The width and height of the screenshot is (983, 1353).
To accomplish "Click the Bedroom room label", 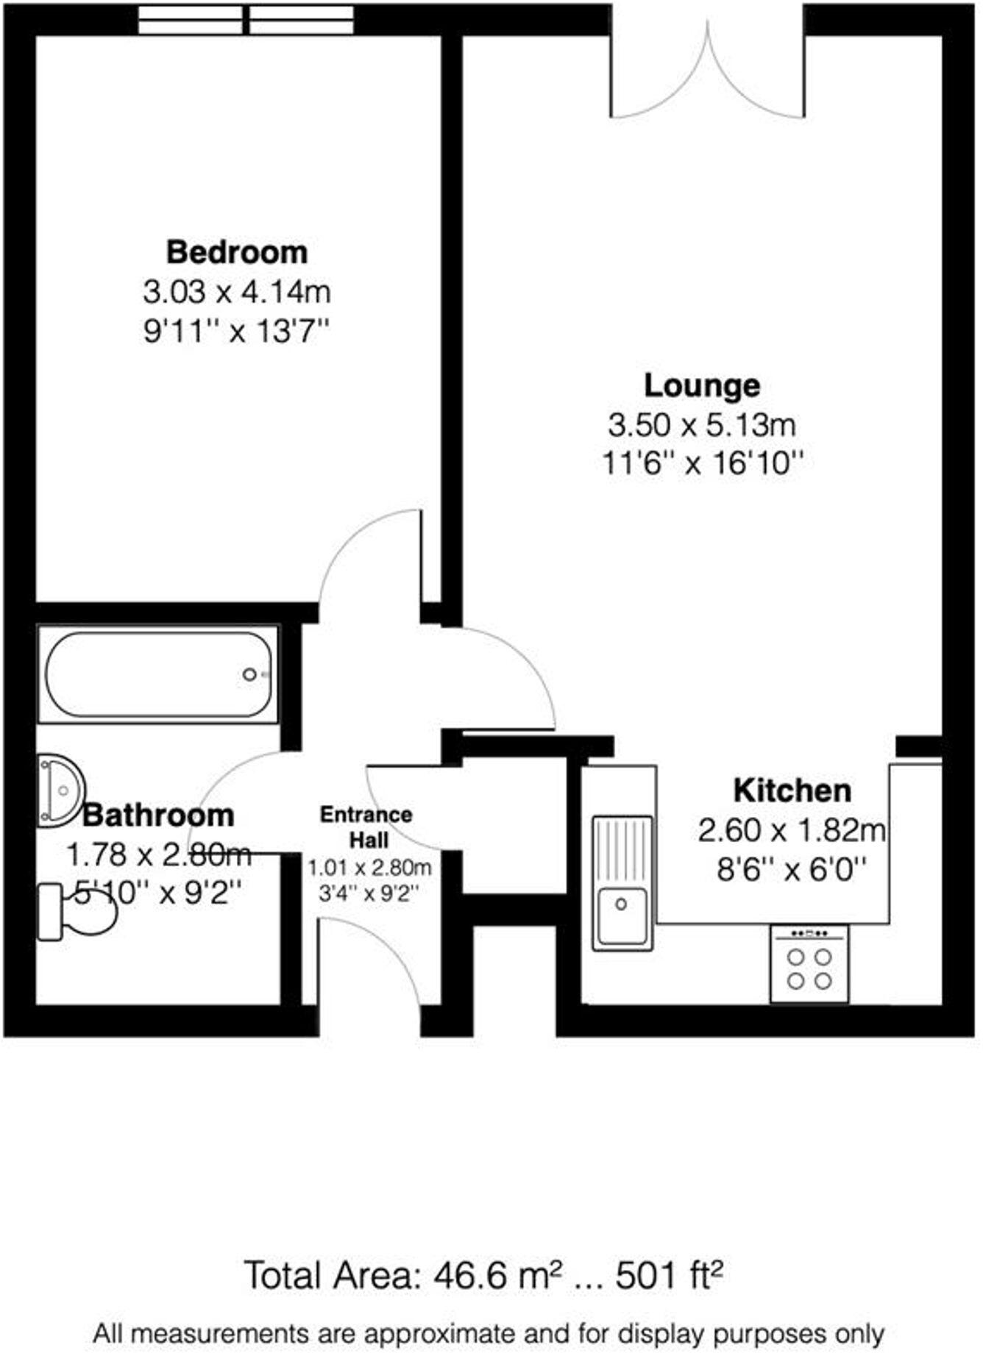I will (236, 252).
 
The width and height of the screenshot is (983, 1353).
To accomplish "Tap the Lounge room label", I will (702, 385).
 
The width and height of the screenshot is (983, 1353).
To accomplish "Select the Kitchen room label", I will (792, 790).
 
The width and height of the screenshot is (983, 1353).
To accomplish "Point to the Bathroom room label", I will (158, 815).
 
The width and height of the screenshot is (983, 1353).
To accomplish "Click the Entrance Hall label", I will (366, 827).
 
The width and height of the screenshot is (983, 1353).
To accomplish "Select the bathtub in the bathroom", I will (159, 674).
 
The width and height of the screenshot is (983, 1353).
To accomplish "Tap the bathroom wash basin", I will (60, 789).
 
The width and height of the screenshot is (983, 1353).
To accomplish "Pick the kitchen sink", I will (622, 882).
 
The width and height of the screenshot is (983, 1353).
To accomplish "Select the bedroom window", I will (246, 20).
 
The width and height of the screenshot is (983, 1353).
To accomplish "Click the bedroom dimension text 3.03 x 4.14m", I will (236, 293).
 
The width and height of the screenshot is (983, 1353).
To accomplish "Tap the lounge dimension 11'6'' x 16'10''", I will (702, 464).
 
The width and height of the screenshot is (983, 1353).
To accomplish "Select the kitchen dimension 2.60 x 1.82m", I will (792, 831).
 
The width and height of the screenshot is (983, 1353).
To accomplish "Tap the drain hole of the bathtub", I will (249, 674).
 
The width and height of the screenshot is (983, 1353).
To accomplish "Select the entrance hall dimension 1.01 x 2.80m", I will (369, 868).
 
